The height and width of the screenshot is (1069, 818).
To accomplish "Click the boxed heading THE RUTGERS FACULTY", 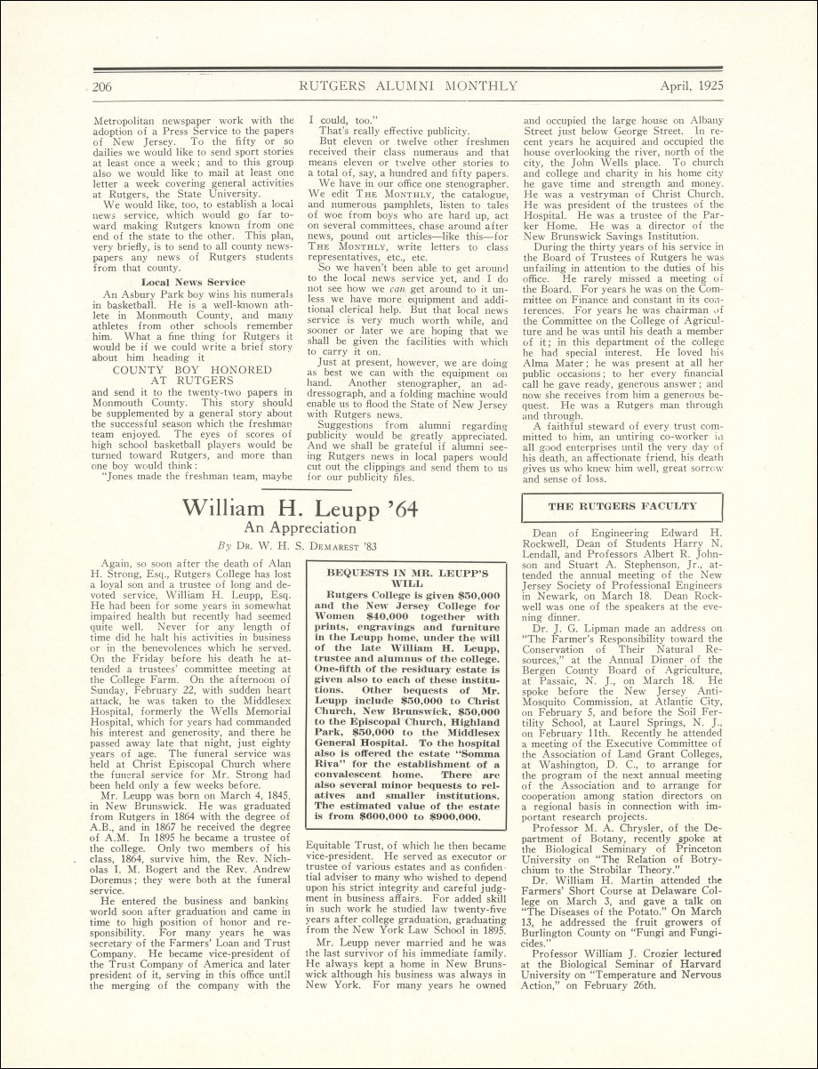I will [622, 506].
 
